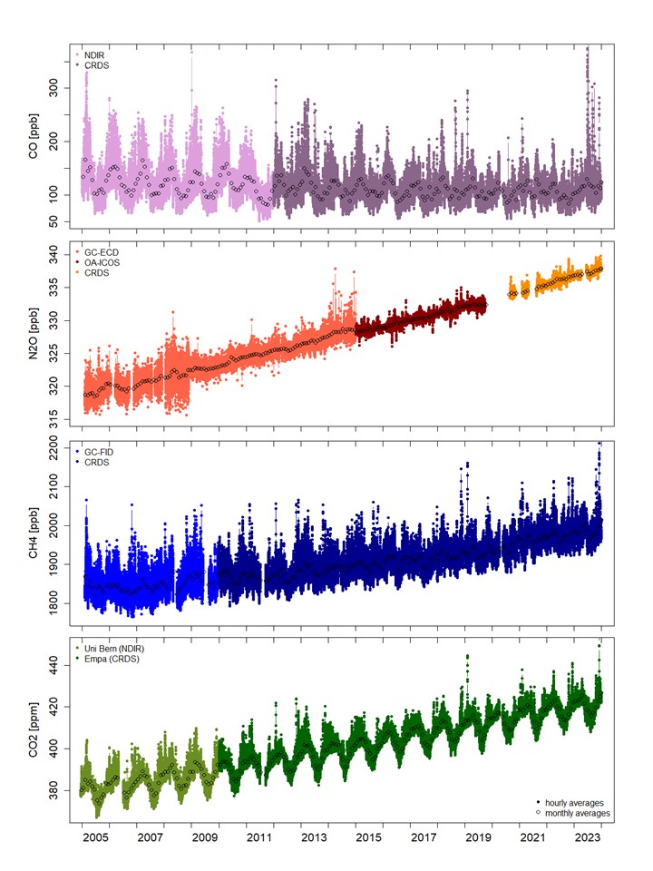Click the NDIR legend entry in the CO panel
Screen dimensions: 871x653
[x=94, y=54]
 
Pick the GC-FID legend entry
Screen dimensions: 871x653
[x=97, y=451]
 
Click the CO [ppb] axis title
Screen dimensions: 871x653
[x=34, y=137]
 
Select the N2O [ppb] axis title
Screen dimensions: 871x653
[x=34, y=332]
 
